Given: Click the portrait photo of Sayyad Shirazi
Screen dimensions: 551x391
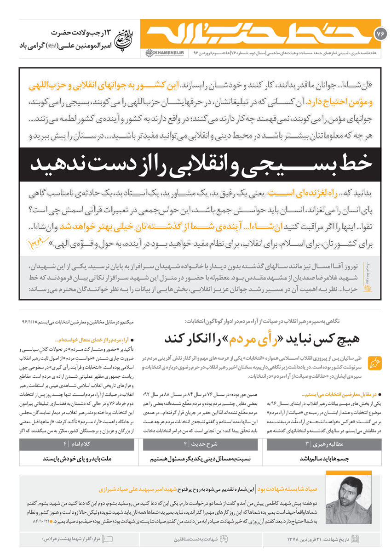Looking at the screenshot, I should click(352, 498).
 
